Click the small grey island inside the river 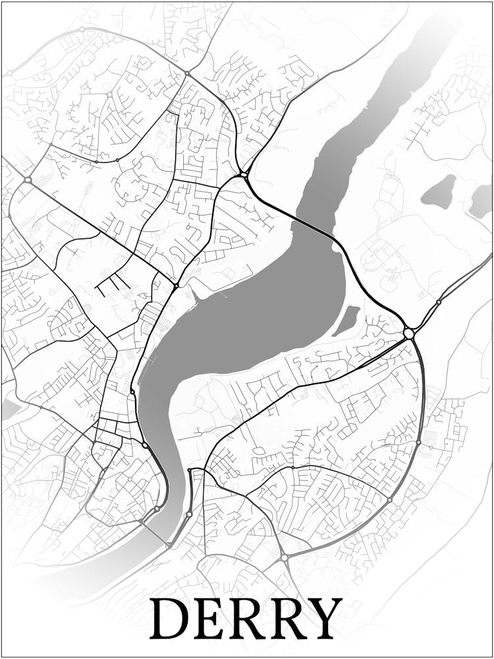coord(346,320)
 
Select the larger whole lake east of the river coord(439,192)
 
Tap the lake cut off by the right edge coord(481,201)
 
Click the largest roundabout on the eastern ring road coord(409,334)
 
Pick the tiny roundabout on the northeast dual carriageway coord(439,302)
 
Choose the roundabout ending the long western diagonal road coord(28,179)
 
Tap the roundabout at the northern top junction coord(187,73)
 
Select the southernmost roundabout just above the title coord(284,558)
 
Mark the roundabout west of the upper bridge coord(244,175)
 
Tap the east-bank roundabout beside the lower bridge coord(189,514)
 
